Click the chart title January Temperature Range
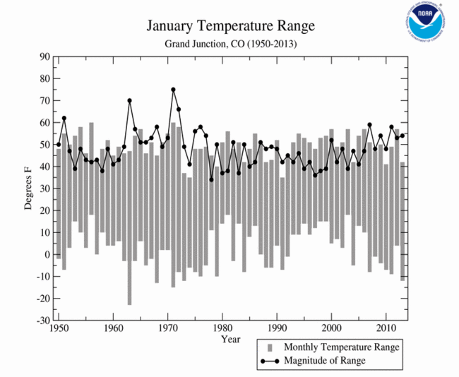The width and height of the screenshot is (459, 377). (x=230, y=27)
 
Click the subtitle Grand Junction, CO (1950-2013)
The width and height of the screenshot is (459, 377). (x=230, y=44)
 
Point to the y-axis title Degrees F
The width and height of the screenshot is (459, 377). (x=29, y=188)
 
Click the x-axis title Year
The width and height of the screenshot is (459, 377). (x=230, y=340)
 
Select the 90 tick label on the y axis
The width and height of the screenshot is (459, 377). (x=44, y=57)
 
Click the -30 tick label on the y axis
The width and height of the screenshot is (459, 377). (x=42, y=320)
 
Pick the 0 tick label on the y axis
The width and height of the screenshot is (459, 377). (x=47, y=254)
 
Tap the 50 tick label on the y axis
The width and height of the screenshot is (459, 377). (x=44, y=145)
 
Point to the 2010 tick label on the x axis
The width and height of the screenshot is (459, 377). (x=386, y=329)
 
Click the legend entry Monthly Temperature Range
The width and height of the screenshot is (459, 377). (x=341, y=347)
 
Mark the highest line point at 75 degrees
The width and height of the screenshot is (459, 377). (x=173, y=90)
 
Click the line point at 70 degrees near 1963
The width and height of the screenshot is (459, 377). (x=129, y=100)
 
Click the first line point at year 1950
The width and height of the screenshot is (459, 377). (x=59, y=145)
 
